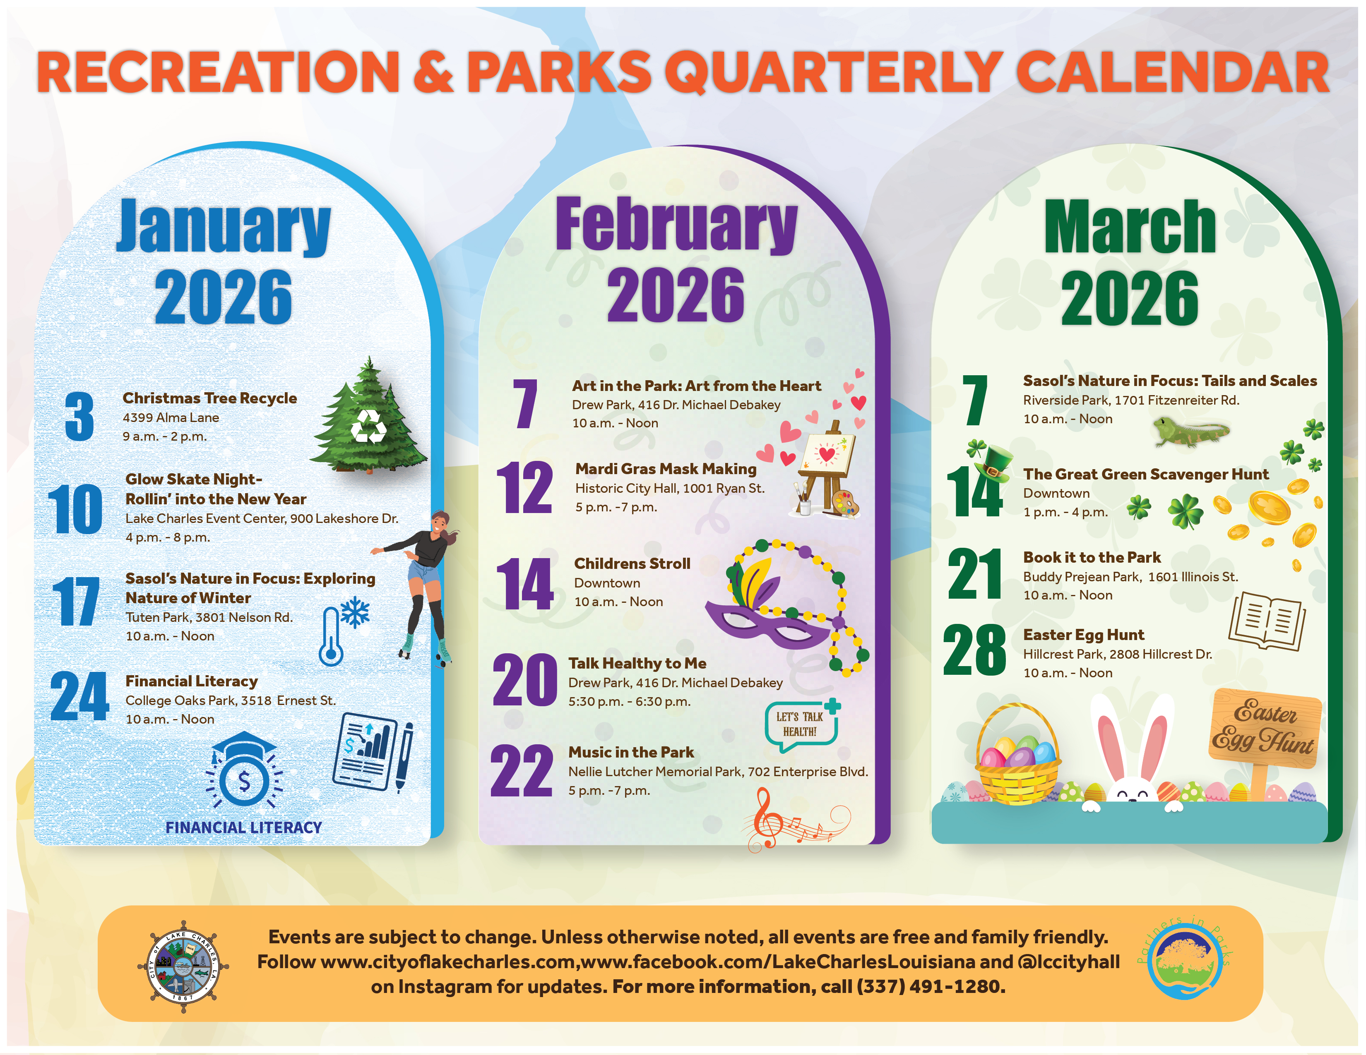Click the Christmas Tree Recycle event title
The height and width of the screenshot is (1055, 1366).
pos(209,398)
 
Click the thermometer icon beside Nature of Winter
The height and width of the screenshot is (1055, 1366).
pos(331,636)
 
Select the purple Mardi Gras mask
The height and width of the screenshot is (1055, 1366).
pos(766,622)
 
